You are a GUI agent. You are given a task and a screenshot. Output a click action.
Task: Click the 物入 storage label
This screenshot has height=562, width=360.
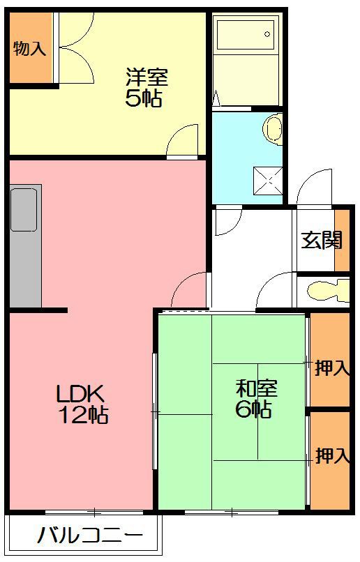click(29, 49)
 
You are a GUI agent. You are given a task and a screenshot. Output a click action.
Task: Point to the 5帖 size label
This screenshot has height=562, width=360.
click(144, 98)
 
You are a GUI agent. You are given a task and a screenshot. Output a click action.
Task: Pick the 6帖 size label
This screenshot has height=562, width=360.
click(253, 409)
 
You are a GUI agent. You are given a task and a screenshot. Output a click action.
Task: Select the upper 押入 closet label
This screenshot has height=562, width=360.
click(331, 367)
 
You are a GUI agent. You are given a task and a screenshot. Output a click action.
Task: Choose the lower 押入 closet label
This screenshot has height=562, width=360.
click(331, 457)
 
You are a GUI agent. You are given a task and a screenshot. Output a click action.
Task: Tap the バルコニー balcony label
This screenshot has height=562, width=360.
click(90, 537)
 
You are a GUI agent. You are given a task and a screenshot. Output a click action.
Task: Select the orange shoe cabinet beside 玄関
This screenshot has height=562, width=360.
click(341, 240)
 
